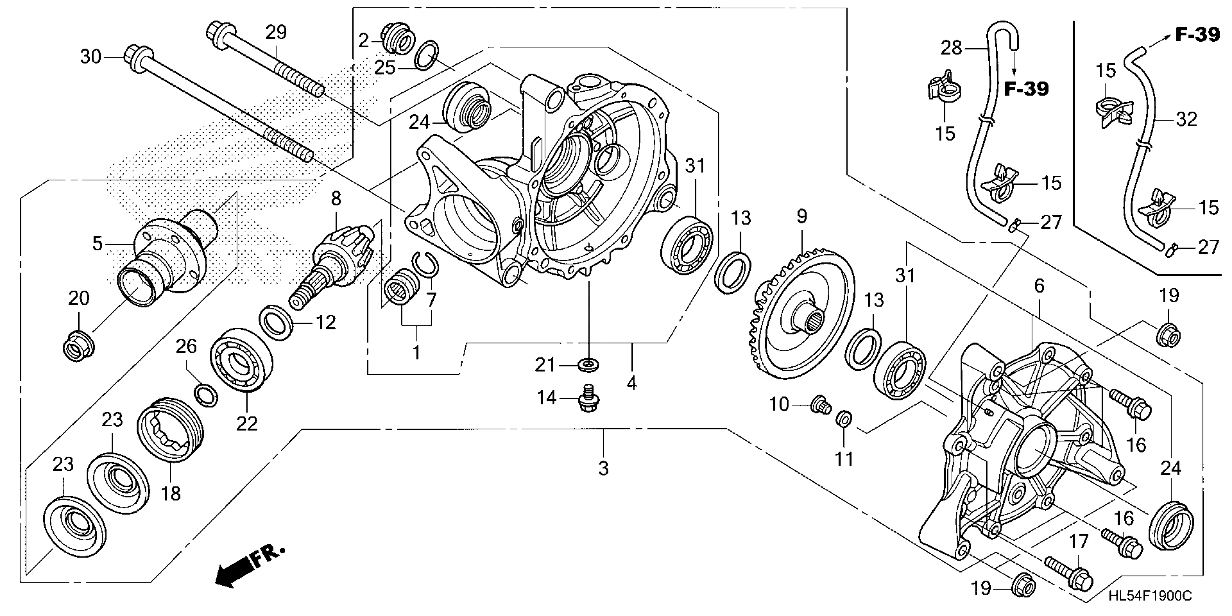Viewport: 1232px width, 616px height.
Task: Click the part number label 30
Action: [90, 57]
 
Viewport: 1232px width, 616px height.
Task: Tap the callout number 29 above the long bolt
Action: [276, 33]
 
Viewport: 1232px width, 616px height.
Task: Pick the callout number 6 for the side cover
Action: [1039, 286]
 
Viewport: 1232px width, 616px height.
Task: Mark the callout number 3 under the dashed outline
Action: [604, 468]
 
